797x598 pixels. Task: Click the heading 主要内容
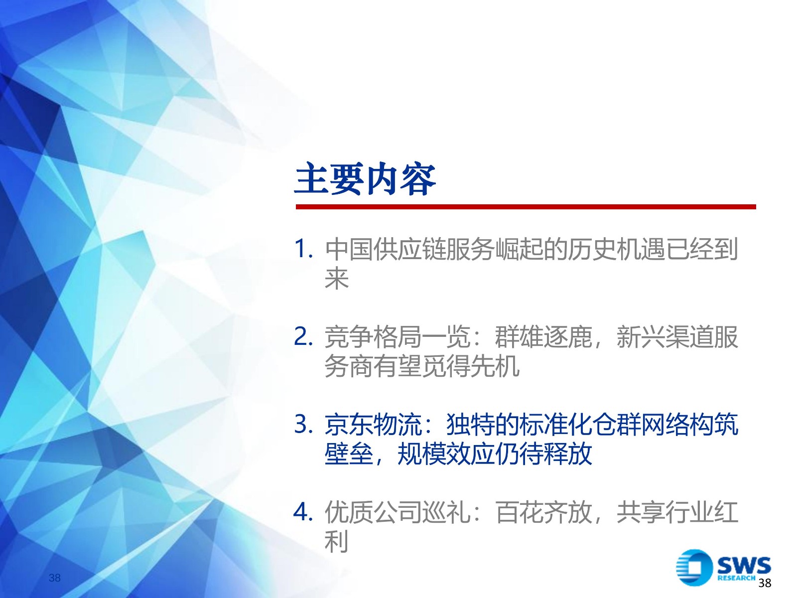[x=365, y=179]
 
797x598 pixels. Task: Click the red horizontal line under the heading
[x=526, y=207]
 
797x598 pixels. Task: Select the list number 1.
[x=303, y=249]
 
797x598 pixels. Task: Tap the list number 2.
[x=303, y=336]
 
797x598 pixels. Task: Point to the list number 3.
[x=303, y=424]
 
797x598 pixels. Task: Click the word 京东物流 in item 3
[x=373, y=425]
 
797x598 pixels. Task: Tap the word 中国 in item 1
[x=349, y=250]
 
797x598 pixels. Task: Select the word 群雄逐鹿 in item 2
[x=543, y=337]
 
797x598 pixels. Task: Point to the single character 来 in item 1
[x=337, y=279]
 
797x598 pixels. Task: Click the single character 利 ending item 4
[x=337, y=541]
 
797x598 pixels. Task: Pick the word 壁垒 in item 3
[x=349, y=454]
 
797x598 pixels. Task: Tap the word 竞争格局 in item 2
[x=373, y=337]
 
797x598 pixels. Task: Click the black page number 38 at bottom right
[x=765, y=583]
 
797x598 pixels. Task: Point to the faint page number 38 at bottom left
[x=54, y=578]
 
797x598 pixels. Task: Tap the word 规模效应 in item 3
[x=446, y=454]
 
